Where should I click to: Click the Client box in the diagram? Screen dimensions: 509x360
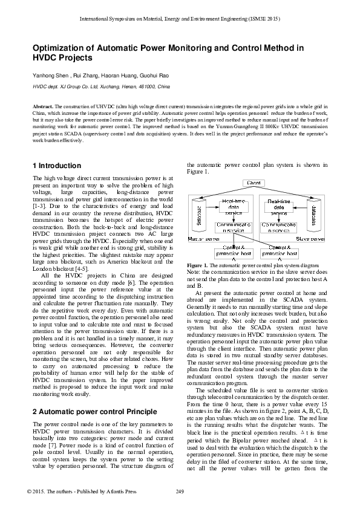pos(254,183)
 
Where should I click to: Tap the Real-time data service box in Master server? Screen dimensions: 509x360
pos(233,207)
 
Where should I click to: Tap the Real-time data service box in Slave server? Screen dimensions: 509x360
pos(278,207)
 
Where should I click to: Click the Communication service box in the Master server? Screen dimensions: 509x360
pos(233,227)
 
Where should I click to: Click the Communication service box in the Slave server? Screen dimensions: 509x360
pos(278,227)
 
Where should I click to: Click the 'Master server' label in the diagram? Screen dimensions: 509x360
pos(203,239)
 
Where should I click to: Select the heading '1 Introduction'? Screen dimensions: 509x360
pos(56,166)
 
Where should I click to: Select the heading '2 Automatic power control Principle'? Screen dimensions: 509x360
pos(93,394)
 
